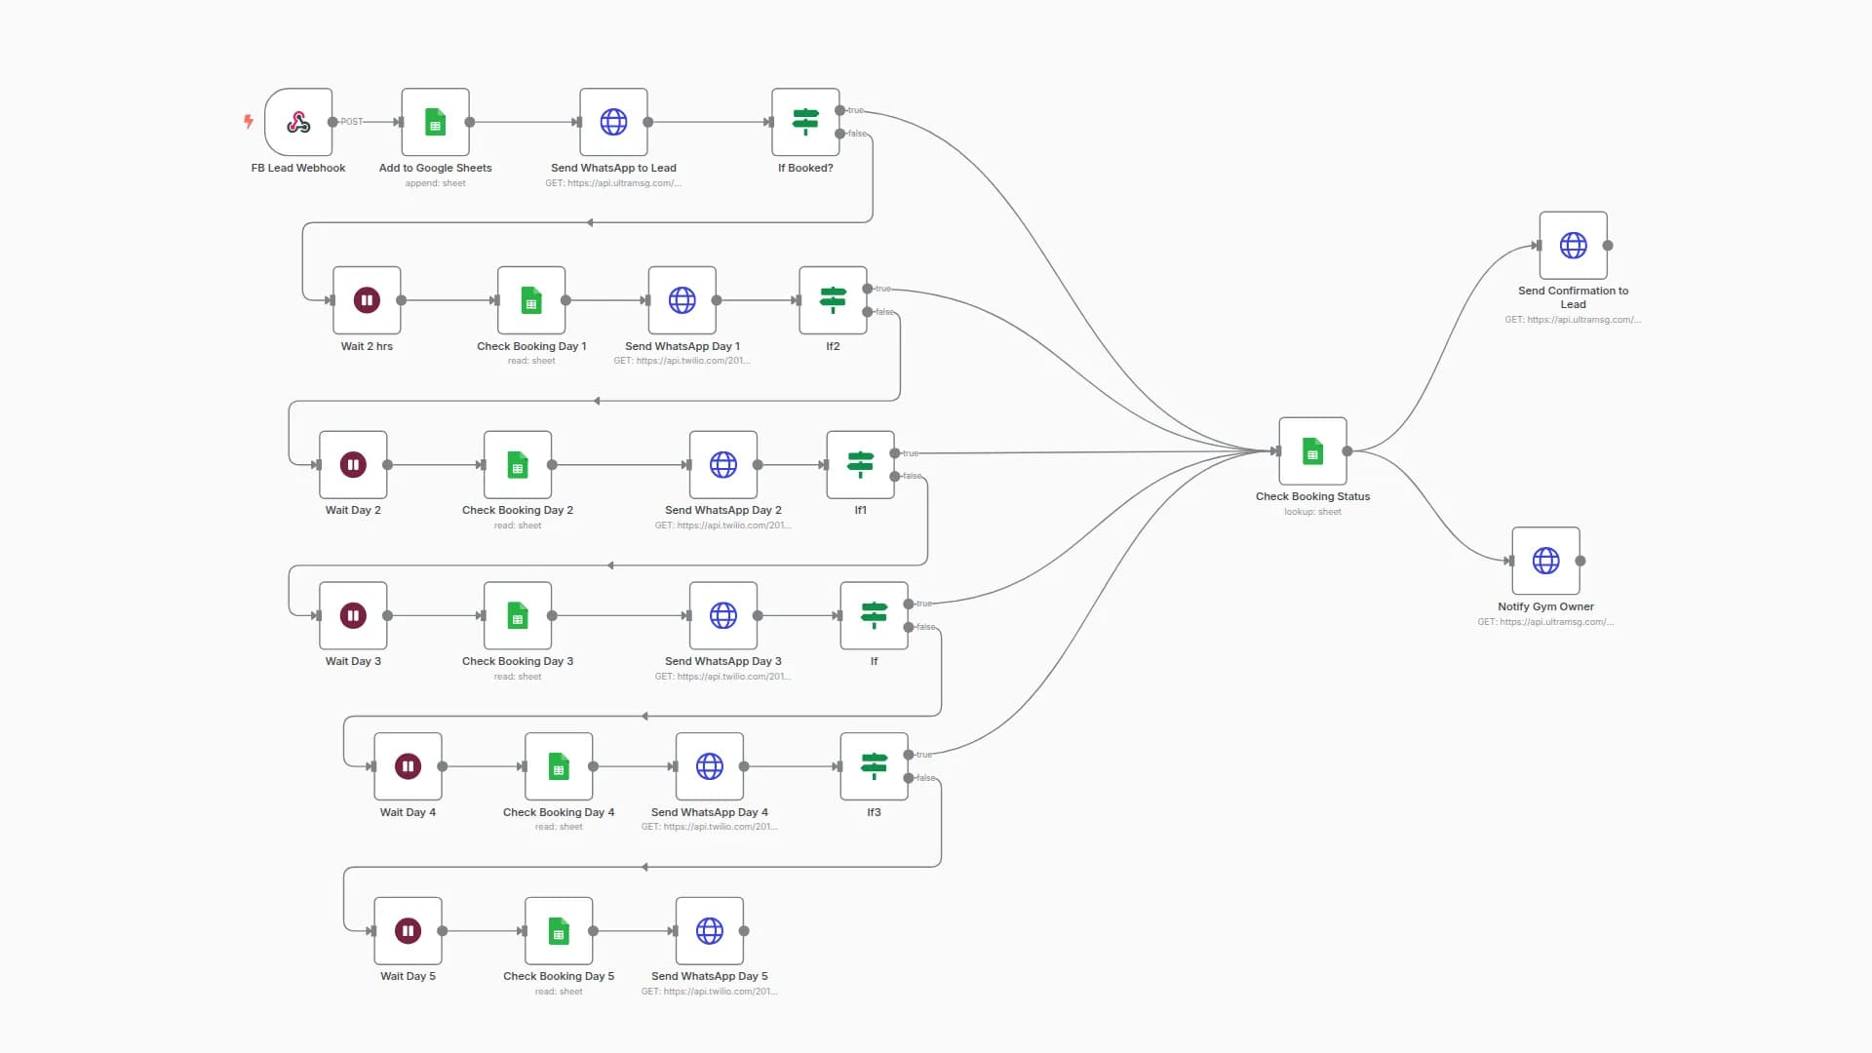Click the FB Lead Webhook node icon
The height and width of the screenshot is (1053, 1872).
(x=298, y=122)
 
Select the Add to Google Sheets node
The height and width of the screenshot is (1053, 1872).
(x=435, y=122)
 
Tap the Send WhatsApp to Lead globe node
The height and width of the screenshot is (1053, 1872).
(x=613, y=122)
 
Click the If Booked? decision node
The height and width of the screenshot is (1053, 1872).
(x=805, y=122)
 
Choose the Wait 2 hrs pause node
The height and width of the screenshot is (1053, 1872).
(x=367, y=300)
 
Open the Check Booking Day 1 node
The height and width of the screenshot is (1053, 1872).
(x=531, y=300)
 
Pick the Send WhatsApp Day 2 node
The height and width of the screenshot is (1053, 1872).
(x=723, y=465)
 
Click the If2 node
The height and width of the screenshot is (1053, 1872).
(x=833, y=300)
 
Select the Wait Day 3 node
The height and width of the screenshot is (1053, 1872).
(x=353, y=615)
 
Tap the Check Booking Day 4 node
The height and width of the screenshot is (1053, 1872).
(x=559, y=766)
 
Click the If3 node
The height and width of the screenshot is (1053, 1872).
(x=874, y=766)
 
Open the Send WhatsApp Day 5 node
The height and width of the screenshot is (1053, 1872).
(x=710, y=931)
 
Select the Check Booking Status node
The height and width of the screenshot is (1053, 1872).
(x=1312, y=451)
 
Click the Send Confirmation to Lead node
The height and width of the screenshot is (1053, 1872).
(x=1573, y=246)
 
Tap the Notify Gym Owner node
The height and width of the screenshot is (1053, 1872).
(x=1545, y=561)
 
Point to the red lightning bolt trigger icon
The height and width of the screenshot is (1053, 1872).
(x=249, y=121)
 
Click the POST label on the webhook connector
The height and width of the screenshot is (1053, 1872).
(x=352, y=122)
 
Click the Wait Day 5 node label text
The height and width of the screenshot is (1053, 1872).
(x=408, y=976)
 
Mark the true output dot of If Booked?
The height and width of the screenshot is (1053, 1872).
(x=840, y=110)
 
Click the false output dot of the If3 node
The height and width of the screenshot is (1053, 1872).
(x=909, y=778)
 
